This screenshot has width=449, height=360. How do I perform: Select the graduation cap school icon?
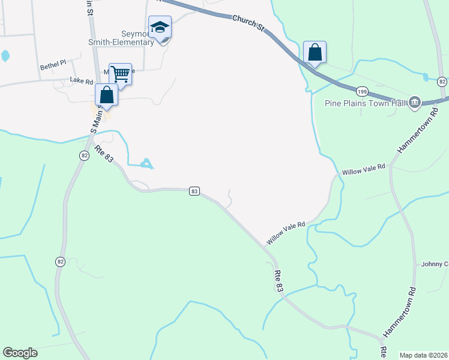tap(160, 28)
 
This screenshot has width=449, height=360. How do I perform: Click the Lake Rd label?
tap(81, 80)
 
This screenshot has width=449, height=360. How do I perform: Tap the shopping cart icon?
tap(120, 75)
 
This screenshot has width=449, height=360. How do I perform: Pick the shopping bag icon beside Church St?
tap(315, 52)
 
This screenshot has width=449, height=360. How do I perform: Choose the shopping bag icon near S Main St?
tap(106, 95)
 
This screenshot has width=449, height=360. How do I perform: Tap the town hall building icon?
tap(414, 103)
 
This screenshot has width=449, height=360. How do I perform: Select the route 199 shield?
tap(361, 91)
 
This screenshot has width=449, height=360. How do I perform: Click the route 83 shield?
tap(194, 191)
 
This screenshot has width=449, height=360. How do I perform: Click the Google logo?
tap(20, 352)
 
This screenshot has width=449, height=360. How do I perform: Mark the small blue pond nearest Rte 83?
tap(146, 163)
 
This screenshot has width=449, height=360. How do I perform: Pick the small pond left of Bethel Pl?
tap(5, 56)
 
